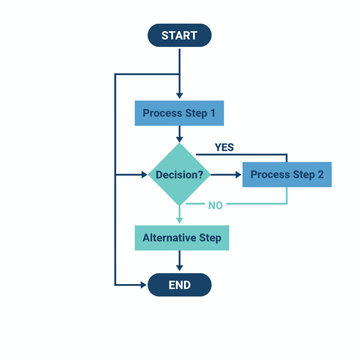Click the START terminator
click(180, 35)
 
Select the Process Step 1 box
click(180, 113)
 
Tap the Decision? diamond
click(180, 176)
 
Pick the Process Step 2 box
click(287, 176)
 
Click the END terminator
click(180, 285)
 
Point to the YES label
click(224, 147)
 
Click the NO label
click(215, 205)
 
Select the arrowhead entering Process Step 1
click(180, 96)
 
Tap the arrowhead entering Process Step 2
click(238, 176)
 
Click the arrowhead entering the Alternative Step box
click(180, 221)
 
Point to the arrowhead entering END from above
click(180, 269)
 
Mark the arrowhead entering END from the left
click(143, 285)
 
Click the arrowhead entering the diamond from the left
click(143, 176)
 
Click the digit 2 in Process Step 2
click(320, 176)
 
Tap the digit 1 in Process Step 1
click(212, 113)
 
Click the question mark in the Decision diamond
click(201, 176)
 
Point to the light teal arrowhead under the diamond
click(180, 215)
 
